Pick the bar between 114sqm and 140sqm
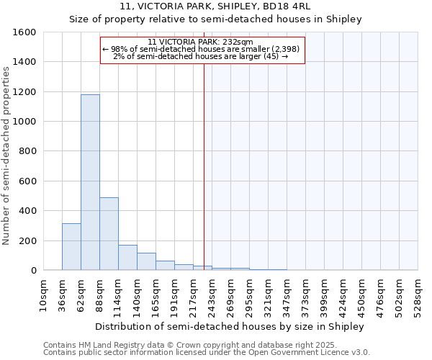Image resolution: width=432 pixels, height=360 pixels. coord(127,257)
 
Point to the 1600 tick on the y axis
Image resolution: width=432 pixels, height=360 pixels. coord(25,32)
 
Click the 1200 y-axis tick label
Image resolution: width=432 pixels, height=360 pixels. coord(25,92)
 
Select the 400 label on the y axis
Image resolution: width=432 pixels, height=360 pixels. coord(28,211)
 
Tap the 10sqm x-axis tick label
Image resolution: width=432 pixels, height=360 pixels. coord(43,295)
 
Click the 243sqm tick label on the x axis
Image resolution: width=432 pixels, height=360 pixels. coord(212,295)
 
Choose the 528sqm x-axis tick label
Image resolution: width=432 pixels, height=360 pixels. coord(418,295)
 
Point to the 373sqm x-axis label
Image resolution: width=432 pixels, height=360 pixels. coord(305,295)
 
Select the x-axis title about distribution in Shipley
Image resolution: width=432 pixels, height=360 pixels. coord(230,326)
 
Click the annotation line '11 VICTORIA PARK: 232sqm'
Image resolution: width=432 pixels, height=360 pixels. coord(202,42)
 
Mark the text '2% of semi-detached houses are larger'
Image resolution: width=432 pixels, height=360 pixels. coord(194,56)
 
